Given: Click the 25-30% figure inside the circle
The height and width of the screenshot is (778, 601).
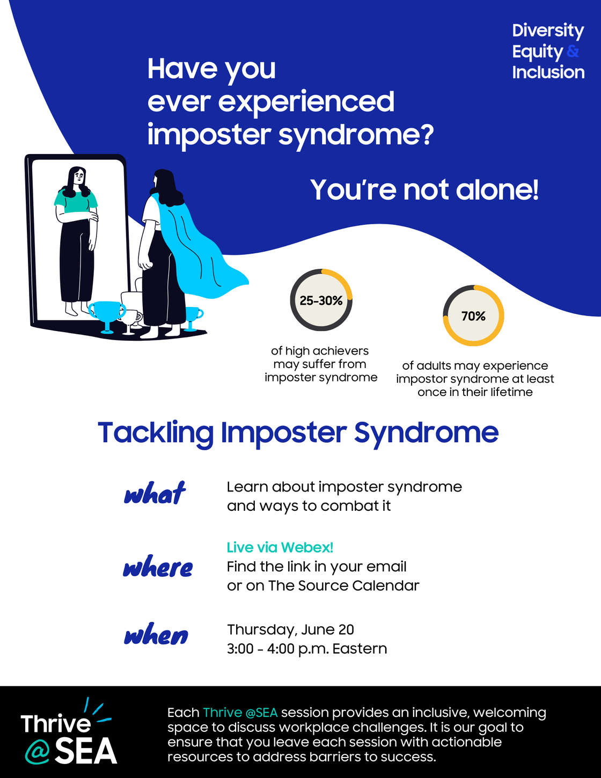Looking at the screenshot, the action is (x=321, y=301).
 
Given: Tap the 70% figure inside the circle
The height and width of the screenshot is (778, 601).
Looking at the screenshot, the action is (x=473, y=316).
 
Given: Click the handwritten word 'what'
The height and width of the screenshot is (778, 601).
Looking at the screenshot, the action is (x=155, y=493).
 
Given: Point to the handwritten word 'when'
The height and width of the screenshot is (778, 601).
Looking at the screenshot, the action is (x=156, y=634).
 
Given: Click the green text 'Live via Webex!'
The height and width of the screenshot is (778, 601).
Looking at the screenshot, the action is (x=280, y=547).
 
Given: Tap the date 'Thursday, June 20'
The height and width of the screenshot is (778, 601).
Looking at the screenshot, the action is (x=290, y=630).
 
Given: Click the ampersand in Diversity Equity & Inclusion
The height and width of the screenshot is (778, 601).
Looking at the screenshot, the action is (x=573, y=51).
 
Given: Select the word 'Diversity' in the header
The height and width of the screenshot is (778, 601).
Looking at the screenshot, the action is (x=548, y=31).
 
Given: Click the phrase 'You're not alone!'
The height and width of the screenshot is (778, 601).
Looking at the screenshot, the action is (x=424, y=189).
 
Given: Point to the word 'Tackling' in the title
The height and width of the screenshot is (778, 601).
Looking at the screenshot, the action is (x=156, y=433).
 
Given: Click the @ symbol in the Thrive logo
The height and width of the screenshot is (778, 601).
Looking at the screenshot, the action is (x=37, y=752).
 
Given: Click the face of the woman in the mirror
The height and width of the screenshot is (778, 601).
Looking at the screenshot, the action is (x=78, y=177).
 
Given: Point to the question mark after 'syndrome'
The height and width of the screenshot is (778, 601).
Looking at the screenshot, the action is (x=427, y=134).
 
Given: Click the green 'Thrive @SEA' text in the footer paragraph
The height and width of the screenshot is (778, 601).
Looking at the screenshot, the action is (x=240, y=713).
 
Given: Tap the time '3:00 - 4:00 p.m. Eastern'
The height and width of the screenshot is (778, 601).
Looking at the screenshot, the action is (x=307, y=649).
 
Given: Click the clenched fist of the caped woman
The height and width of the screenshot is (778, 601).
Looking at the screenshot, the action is (x=145, y=265).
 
